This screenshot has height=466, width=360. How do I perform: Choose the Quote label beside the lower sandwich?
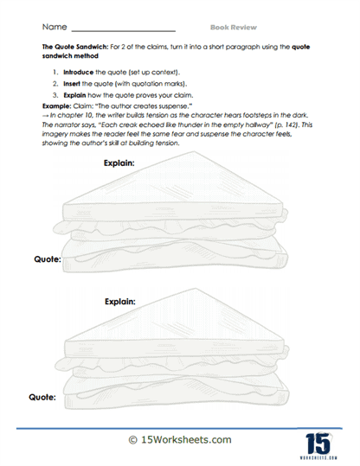[44, 397]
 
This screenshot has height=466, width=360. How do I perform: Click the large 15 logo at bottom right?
[319, 437]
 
